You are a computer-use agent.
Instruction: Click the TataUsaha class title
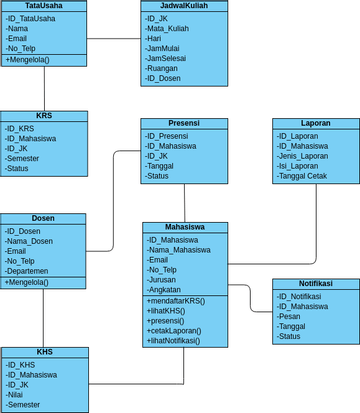[43, 6]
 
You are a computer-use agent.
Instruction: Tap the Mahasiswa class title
[186, 227]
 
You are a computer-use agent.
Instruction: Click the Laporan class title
[315, 123]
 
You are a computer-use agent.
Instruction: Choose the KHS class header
[44, 352]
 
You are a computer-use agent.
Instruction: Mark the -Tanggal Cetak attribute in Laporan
[304, 176]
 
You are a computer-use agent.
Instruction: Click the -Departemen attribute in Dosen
[28, 271]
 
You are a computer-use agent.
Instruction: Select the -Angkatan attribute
[165, 290]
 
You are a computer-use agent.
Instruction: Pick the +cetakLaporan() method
[175, 331]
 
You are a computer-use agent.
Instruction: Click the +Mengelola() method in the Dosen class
[29, 282]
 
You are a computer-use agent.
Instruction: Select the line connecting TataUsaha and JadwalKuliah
[113, 39]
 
